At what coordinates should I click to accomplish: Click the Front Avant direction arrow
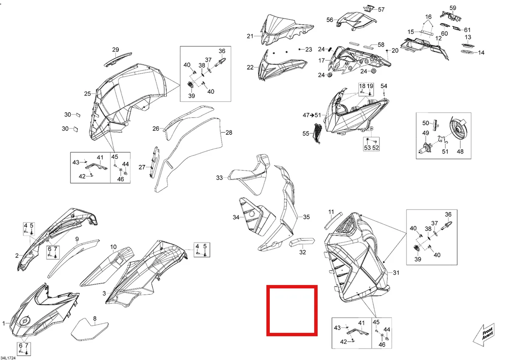point(484,335)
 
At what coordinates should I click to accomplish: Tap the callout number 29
point(116,50)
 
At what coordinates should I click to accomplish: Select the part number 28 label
point(229,132)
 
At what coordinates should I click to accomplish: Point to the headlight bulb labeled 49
point(425,148)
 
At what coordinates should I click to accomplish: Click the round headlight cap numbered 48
point(458,129)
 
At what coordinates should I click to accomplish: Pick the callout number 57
point(381,9)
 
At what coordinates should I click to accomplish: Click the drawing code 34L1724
point(8,358)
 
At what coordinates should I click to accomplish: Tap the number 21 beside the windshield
point(250,36)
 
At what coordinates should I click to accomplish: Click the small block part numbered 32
point(302,242)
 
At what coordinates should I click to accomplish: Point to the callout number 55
point(306,134)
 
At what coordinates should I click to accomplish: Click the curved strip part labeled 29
point(118,59)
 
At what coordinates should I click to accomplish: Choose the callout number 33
point(219,178)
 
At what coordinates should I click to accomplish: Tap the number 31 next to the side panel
point(396,273)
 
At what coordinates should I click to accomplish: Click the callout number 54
point(384,86)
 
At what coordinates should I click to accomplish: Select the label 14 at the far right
point(481,53)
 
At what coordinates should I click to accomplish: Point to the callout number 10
point(113,247)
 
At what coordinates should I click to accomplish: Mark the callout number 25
point(87,94)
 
